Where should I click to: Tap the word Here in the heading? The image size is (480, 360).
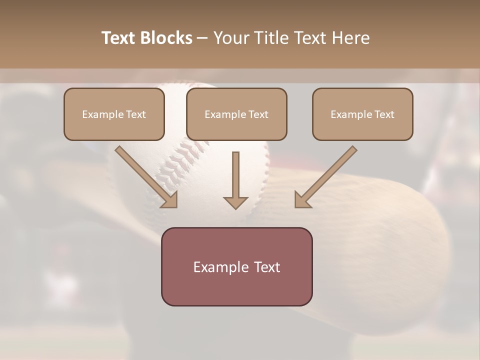[351, 38]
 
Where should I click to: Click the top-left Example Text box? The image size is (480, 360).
[114, 114]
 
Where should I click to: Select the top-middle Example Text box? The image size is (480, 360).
[236, 114]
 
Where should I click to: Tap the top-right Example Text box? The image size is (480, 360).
[362, 114]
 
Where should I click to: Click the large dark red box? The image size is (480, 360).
[236, 266]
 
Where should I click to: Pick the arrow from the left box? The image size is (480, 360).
[145, 175]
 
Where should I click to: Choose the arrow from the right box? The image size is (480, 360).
[327, 175]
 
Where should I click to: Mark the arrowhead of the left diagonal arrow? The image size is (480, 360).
[170, 200]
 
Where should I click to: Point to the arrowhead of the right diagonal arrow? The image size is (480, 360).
[301, 200]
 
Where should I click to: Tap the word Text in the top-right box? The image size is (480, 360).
[384, 114]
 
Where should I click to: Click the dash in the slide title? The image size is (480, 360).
[202, 38]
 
